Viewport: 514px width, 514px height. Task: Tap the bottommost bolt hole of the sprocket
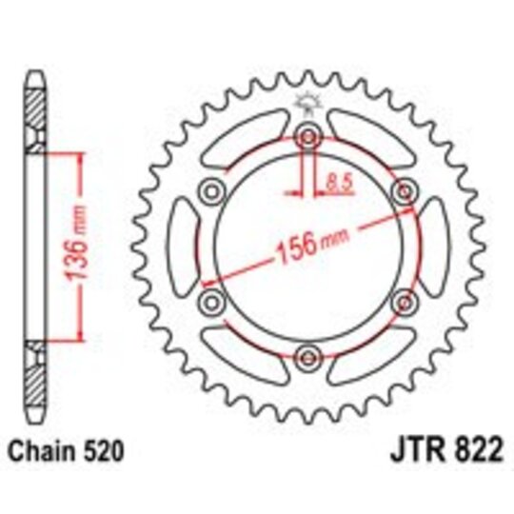[306, 358]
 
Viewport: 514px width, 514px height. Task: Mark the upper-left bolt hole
[209, 190]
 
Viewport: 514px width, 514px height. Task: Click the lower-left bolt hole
[209, 303]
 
